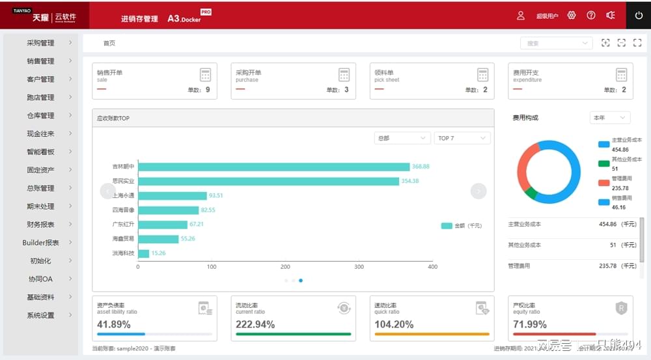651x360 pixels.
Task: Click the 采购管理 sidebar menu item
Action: [x=40, y=43]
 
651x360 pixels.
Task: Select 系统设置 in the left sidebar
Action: [x=40, y=316]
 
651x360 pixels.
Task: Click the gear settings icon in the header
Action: [x=572, y=16]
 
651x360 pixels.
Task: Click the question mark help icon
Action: [x=591, y=16]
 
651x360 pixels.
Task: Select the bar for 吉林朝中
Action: [x=273, y=167]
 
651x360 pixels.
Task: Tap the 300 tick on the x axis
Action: [x=359, y=267]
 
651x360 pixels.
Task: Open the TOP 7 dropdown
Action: [x=462, y=138]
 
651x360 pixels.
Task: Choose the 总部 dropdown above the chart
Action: [x=402, y=138]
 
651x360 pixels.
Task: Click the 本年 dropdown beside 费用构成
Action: [x=610, y=118]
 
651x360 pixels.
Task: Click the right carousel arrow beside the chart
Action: [x=478, y=191]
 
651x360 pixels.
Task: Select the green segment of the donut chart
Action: [x=531, y=193]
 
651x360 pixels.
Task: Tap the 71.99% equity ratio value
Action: [x=530, y=324]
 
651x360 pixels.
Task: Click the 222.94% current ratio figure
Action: [x=255, y=324]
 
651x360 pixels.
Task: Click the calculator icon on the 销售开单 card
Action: [x=206, y=75]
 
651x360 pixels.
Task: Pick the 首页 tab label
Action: [x=109, y=44]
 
